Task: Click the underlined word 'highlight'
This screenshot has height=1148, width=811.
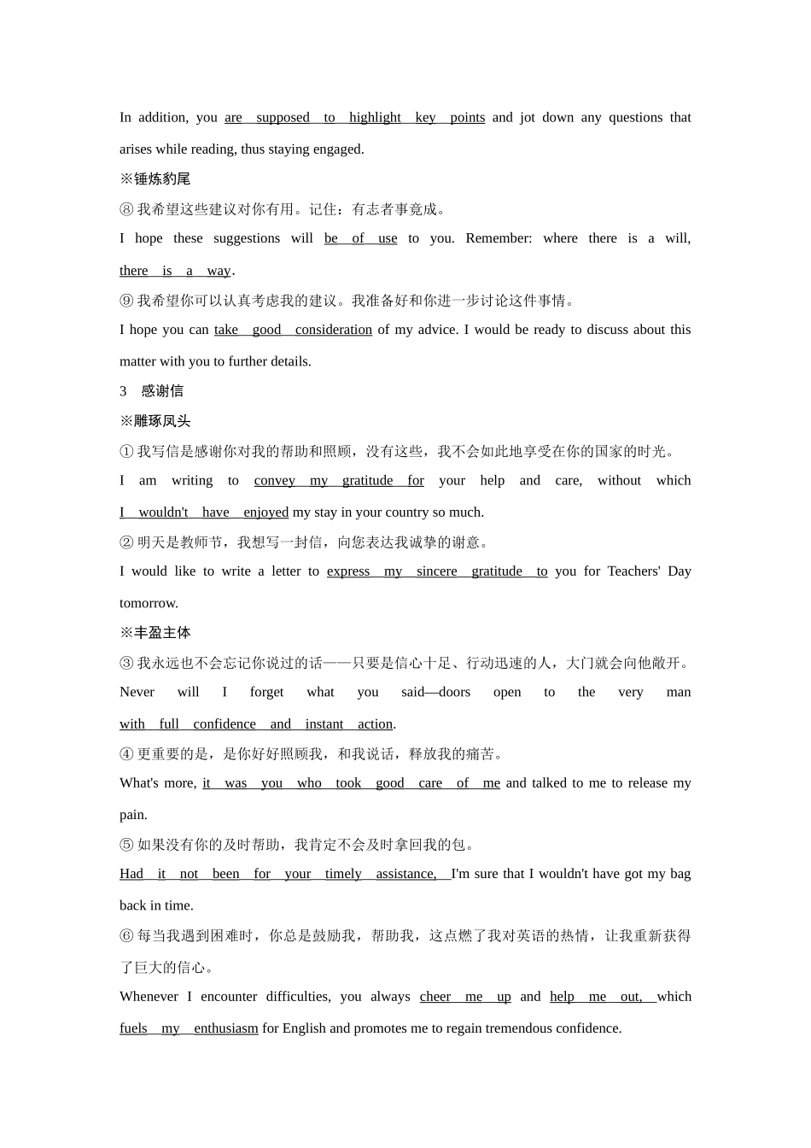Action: click(375, 118)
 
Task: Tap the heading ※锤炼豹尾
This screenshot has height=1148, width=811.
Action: click(155, 179)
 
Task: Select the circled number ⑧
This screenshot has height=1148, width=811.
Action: click(126, 209)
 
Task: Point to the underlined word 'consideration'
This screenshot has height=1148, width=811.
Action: click(333, 330)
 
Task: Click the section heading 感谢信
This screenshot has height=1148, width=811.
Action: click(162, 391)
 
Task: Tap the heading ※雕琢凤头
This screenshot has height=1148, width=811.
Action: click(155, 421)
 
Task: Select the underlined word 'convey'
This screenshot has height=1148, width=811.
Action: click(274, 481)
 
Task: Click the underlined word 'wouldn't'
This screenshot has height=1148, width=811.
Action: click(163, 512)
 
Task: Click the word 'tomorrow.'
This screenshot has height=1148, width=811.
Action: click(149, 603)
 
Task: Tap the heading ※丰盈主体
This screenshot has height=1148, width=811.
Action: click(155, 633)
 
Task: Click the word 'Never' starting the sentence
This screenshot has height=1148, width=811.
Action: click(137, 692)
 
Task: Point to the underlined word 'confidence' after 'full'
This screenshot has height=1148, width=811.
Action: click(224, 724)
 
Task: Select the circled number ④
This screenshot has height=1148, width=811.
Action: click(126, 754)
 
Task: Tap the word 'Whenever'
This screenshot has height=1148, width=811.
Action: click(148, 997)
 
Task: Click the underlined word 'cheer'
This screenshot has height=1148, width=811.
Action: click(435, 997)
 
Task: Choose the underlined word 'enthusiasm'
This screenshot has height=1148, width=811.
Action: click(225, 1028)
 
